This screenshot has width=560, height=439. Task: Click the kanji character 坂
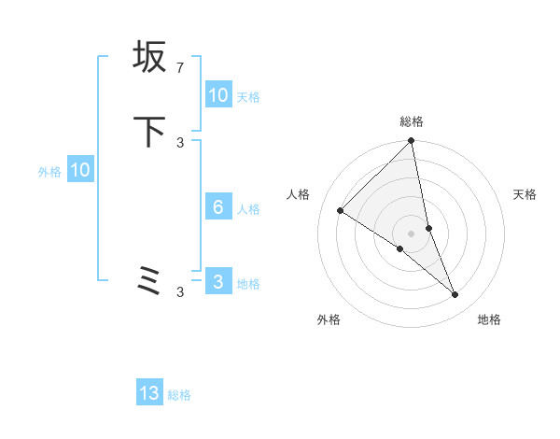click(x=149, y=57)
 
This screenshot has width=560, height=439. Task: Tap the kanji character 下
click(x=149, y=132)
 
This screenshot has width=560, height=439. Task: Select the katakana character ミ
click(x=149, y=281)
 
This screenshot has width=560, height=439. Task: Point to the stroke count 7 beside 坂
click(x=179, y=67)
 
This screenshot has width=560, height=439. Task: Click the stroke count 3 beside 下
click(x=179, y=142)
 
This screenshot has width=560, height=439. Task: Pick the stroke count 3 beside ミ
click(x=179, y=292)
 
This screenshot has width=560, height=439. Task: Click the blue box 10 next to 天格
click(x=218, y=95)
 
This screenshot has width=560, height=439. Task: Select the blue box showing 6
click(x=218, y=207)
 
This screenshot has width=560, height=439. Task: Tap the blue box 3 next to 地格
click(x=218, y=282)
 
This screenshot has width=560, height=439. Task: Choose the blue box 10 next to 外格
click(x=80, y=170)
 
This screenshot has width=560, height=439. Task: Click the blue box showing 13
click(x=149, y=393)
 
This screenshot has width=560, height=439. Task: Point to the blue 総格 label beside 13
click(x=179, y=395)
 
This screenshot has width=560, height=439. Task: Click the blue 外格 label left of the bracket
click(x=49, y=172)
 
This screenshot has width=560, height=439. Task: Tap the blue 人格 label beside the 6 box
click(x=249, y=209)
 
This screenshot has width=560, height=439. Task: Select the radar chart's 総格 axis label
click(x=412, y=121)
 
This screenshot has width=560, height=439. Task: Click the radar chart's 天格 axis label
click(x=525, y=194)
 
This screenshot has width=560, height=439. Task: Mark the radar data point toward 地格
click(x=455, y=294)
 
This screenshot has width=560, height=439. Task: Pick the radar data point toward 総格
click(x=412, y=141)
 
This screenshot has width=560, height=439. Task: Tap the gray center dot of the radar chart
click(x=412, y=233)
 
